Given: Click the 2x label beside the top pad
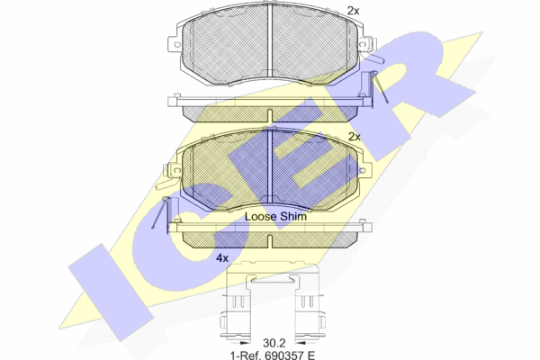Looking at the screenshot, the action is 353,11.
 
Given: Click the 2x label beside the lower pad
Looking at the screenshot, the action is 355,137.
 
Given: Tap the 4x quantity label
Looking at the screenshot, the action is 222,257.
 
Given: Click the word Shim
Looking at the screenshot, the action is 293,216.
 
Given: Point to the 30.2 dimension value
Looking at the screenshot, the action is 274,343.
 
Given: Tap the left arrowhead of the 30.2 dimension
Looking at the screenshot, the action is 245,343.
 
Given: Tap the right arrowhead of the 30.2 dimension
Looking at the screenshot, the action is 301,343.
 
